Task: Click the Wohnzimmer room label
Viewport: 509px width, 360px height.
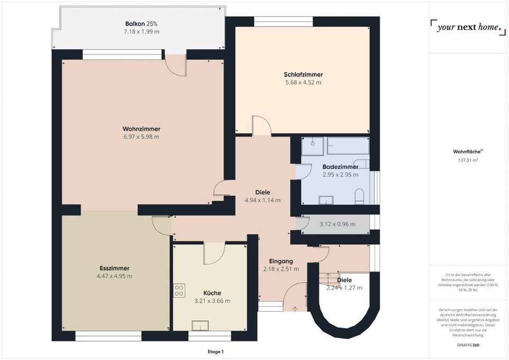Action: [x=141, y=129]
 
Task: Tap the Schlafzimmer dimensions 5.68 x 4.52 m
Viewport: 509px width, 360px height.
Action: [x=303, y=83]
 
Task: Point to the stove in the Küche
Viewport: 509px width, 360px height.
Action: [x=179, y=291]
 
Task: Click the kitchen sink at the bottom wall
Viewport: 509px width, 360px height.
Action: [x=200, y=325]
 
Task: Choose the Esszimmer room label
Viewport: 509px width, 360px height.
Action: [x=114, y=268]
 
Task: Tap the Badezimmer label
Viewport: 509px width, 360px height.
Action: [x=340, y=167]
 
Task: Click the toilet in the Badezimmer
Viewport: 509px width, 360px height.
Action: [x=359, y=197]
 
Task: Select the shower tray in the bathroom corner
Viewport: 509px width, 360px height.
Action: [x=312, y=146]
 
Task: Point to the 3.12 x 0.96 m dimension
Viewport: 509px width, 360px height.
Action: [x=337, y=224]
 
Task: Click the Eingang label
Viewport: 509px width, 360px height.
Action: [x=281, y=261]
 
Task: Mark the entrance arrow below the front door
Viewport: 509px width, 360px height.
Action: [x=295, y=309]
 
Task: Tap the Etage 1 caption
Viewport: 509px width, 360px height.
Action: [x=216, y=352]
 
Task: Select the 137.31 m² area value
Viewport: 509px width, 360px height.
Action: [x=468, y=160]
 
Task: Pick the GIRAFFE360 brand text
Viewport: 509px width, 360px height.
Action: [x=468, y=345]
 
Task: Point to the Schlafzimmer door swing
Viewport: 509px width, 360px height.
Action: [x=261, y=125]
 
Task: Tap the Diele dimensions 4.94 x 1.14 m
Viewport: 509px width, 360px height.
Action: [x=262, y=201]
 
